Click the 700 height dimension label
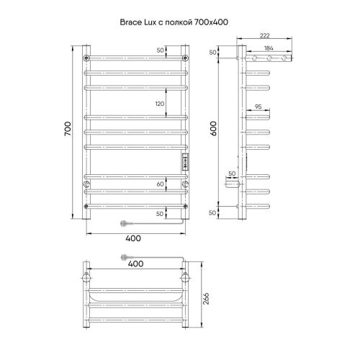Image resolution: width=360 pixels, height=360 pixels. click(67, 130)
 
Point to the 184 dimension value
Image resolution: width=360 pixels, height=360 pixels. click(268, 48)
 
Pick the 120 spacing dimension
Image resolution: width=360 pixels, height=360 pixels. click(160, 104)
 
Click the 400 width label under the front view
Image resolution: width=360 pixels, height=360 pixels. click(135, 238)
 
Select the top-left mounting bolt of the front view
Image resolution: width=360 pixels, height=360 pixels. click(86, 57)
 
